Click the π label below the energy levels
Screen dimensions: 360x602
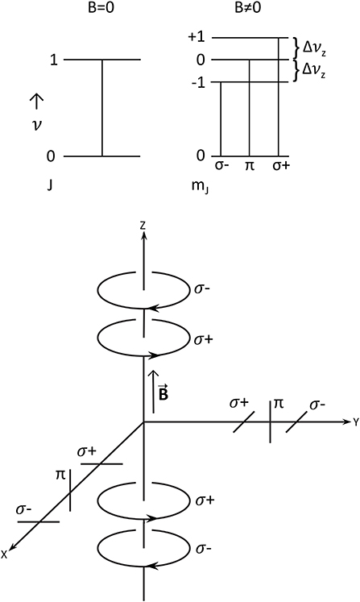tap(250, 167)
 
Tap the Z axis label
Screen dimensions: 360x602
tap(143, 226)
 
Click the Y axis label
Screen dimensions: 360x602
tap(354, 421)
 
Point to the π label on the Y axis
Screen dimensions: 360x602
tap(279, 401)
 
